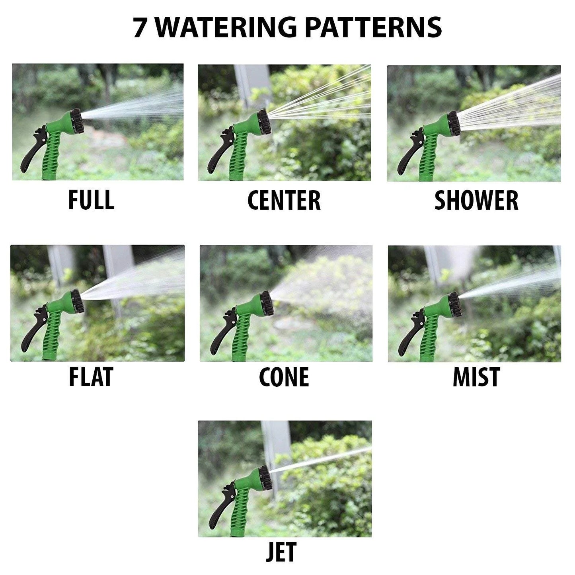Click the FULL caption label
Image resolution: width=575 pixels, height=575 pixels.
tap(91, 200)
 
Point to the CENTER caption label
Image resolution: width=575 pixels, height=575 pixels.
tap(284, 200)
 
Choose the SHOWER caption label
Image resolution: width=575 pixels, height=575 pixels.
tap(476, 200)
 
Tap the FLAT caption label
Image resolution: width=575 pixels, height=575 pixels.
tap(91, 377)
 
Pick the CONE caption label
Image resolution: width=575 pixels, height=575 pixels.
tap(284, 377)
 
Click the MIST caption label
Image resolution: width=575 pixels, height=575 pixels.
tap(476, 377)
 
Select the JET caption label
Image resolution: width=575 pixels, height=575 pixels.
tap(281, 553)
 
